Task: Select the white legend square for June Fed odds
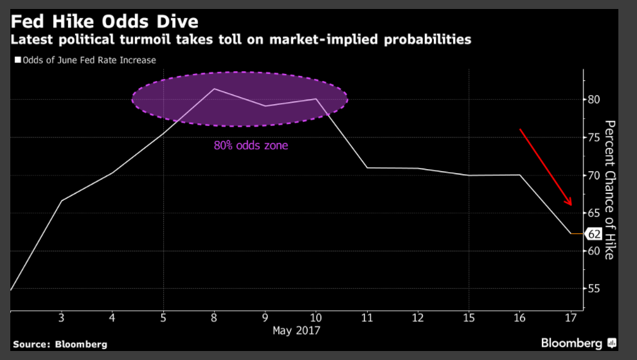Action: pos(17,60)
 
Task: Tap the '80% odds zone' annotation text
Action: pos(251,145)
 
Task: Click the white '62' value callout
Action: pos(593,235)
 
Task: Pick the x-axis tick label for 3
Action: pos(61,318)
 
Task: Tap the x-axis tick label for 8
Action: pos(214,318)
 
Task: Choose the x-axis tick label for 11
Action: pos(366,318)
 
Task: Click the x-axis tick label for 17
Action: pos(570,318)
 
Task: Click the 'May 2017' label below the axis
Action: pos(296,330)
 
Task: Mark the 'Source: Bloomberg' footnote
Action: pos(60,345)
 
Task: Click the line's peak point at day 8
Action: pos(214,89)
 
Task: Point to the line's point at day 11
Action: pos(366,168)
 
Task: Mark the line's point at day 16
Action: pos(519,175)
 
